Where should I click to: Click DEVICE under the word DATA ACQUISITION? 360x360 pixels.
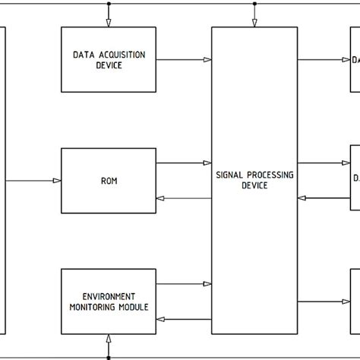109,65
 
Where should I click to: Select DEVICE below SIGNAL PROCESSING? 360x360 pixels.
254,186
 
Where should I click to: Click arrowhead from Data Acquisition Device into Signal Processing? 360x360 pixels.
207,59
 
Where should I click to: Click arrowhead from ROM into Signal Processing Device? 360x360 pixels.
207,163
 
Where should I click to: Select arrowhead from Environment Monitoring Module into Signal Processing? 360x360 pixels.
207,284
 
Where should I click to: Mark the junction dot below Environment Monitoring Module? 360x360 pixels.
109,357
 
